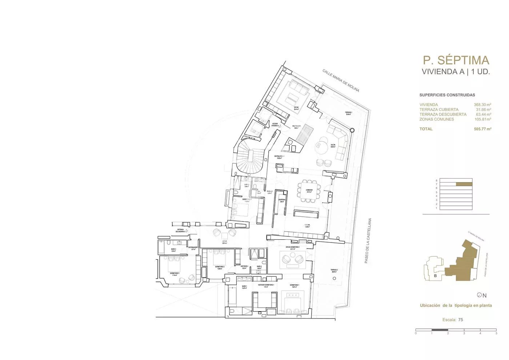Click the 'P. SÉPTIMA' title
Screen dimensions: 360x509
[456, 60]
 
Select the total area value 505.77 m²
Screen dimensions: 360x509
[482, 129]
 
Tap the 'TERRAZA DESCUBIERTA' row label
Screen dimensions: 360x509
[443, 114]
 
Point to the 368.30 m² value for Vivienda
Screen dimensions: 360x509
[482, 105]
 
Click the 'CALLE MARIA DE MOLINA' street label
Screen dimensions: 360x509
[341, 80]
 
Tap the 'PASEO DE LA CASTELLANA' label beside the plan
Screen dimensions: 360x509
[368, 241]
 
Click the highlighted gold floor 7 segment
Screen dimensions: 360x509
[464, 184]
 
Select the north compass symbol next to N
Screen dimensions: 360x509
[479, 296]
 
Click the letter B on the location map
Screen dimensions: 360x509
[435, 276]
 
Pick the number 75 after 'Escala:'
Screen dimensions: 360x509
[461, 320]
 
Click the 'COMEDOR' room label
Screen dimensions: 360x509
[309, 190]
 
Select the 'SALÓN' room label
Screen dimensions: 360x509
[333, 145]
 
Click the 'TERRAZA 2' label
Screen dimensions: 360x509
[334, 270]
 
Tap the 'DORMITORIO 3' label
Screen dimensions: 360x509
[175, 273]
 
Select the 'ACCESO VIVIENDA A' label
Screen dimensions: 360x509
[275, 124]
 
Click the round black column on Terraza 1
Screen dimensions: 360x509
[352, 130]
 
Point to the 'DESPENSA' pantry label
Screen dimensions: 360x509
[282, 200]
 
